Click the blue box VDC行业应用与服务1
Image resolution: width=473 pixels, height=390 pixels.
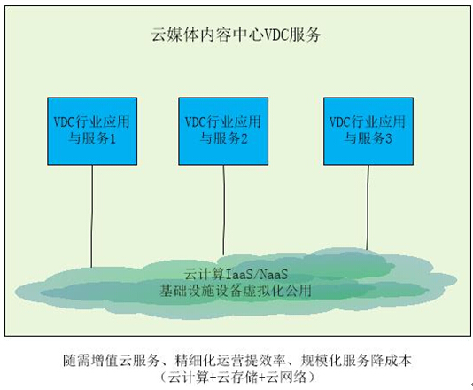pyautogui.click(x=92, y=131)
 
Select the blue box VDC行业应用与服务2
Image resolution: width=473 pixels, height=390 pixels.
pyautogui.click(x=223, y=131)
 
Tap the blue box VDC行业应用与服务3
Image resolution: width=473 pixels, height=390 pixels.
pyautogui.click(x=368, y=131)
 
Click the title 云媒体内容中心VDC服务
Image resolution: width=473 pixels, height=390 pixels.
pyautogui.click(x=236, y=35)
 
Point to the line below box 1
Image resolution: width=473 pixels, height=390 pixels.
pyautogui.click(x=92, y=216)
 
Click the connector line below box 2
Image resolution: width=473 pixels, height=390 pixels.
pyautogui.click(x=223, y=210)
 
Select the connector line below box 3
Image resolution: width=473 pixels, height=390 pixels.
pyautogui.click(x=368, y=207)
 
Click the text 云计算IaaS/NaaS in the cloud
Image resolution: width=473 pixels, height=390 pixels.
pyautogui.click(x=237, y=274)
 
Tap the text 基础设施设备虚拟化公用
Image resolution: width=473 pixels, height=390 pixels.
pyautogui.click(x=236, y=291)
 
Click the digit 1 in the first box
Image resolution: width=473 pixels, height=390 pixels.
pyautogui.click(x=112, y=139)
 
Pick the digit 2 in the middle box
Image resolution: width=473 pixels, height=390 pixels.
pyautogui.click(x=244, y=139)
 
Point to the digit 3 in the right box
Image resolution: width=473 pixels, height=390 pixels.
pyautogui.click(x=388, y=139)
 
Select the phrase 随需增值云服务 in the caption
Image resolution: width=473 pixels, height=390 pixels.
pyautogui.click(x=111, y=361)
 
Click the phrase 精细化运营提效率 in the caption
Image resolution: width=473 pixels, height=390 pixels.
pyautogui.click(x=230, y=361)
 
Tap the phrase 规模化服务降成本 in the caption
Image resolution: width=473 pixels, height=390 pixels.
pyautogui.click(x=356, y=361)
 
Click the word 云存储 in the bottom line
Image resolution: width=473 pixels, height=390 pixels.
pyautogui.click(x=238, y=377)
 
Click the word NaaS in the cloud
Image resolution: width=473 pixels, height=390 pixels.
pyautogui.click(x=274, y=274)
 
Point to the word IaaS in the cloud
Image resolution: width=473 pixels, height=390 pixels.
pyautogui.click(x=239, y=274)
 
